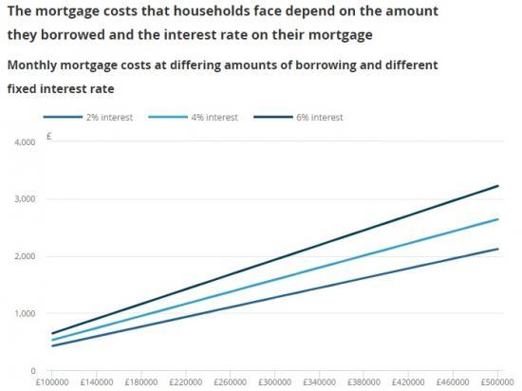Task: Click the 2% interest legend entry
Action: point(105,117)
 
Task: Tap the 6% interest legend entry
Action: point(314,117)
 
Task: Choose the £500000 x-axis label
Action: point(496,383)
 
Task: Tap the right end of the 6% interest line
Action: point(498,186)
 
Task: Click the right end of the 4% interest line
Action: point(498,219)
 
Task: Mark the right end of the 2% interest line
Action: point(498,249)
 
